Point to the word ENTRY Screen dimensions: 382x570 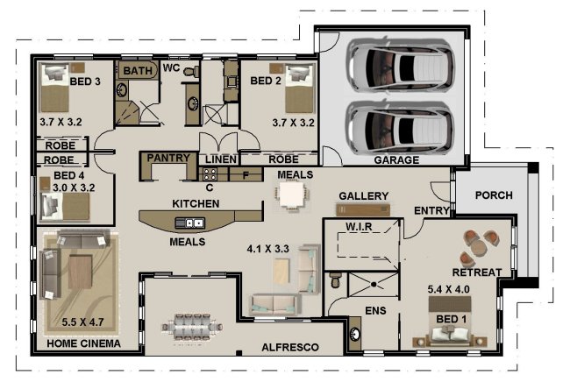(x=431, y=211)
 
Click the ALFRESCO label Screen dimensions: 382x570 (x=290, y=348)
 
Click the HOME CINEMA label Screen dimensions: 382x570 (x=83, y=343)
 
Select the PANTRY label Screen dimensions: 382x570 (x=168, y=159)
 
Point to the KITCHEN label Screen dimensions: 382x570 (x=195, y=203)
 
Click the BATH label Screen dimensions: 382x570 (x=137, y=70)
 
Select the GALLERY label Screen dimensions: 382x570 (x=363, y=195)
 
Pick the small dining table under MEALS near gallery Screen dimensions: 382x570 (x=289, y=195)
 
